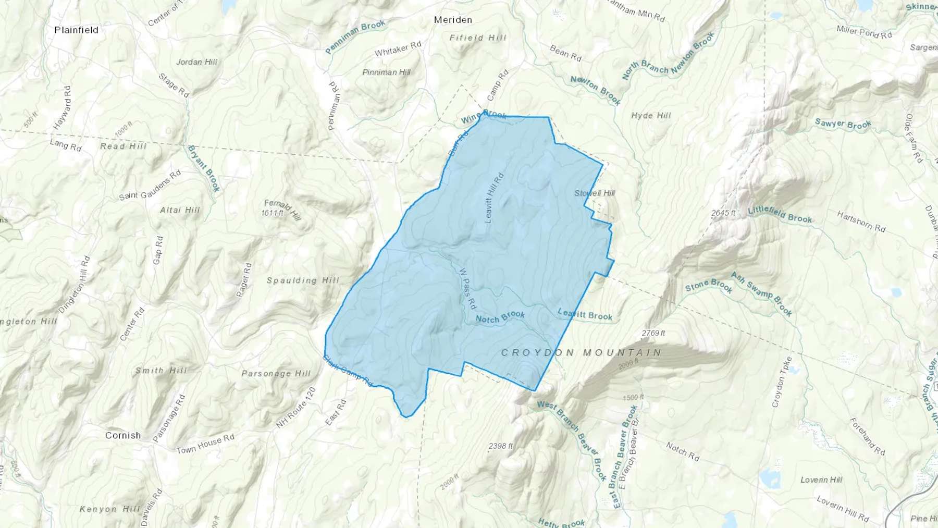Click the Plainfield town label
point(76,30)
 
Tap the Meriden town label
point(453,20)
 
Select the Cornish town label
point(123,435)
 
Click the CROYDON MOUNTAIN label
point(581,353)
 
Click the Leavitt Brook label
point(585,314)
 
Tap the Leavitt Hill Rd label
point(495,198)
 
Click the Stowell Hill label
point(595,193)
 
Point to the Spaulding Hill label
point(303,280)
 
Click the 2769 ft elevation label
point(653,333)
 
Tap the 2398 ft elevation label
point(501,446)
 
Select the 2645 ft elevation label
point(723,213)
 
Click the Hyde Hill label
point(651,116)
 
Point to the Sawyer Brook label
point(843,124)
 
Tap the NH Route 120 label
point(296,408)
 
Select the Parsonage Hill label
point(276,373)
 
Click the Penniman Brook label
point(355,36)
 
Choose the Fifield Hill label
point(478,38)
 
